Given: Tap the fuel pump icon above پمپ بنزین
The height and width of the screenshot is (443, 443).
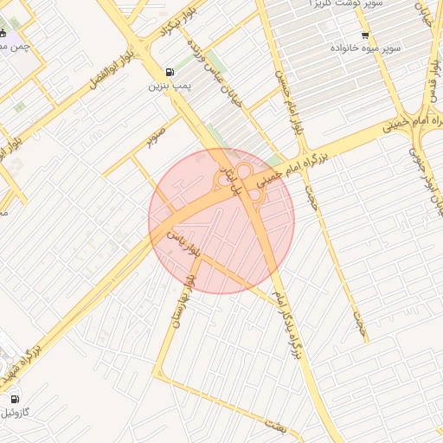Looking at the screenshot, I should [x=167, y=72].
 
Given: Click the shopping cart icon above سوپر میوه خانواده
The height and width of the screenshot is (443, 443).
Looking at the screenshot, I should [x=364, y=35].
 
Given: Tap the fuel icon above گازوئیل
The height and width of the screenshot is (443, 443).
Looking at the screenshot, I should [x=16, y=399].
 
